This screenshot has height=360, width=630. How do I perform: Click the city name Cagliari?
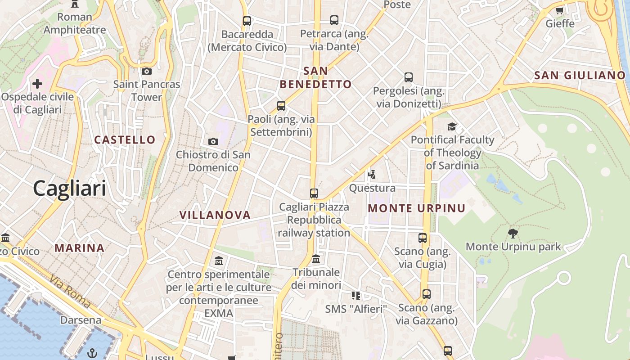tap(69, 188)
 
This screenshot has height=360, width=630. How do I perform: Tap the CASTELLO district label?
tap(125, 140)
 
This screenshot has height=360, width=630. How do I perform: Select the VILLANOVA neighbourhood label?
tap(215, 215)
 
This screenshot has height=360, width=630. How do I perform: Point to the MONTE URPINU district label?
tap(417, 208)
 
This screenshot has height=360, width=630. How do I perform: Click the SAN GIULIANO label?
tap(580, 76)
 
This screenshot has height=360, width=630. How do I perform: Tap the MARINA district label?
tap(80, 248)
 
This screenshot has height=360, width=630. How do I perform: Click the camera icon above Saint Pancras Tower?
tap(146, 71)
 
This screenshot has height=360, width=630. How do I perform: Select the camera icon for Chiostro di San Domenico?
tap(213, 141)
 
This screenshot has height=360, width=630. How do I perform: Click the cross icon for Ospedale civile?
tap(37, 84)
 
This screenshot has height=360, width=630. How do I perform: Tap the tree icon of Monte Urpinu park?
tap(513, 233)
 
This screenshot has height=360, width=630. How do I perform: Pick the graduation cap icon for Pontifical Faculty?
tap(452, 126)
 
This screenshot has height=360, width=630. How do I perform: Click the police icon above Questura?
tap(372, 175)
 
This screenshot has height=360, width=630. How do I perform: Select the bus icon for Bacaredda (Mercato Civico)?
tap(247, 21)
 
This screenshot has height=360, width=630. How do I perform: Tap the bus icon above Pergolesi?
tap(408, 77)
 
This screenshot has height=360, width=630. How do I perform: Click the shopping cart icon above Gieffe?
tap(560, 10)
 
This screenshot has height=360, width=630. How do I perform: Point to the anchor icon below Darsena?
tap(92, 352)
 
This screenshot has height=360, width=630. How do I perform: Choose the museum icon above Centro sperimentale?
tap(219, 261)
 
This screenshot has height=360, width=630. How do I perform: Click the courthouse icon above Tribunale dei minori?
tap(316, 259)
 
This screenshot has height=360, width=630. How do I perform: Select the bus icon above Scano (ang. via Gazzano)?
tap(426, 294)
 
